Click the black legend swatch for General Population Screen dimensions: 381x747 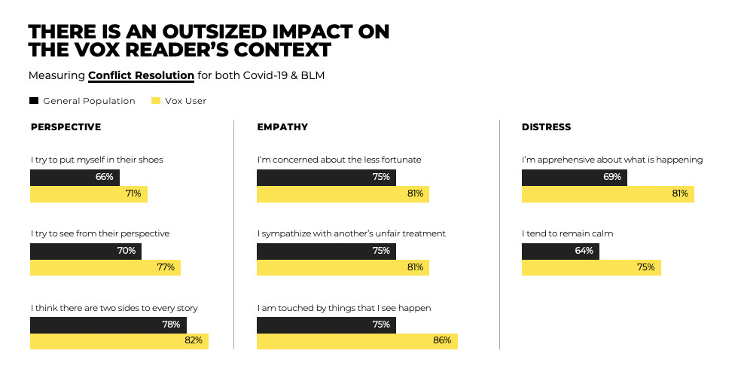34,100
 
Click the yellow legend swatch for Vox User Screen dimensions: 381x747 156,100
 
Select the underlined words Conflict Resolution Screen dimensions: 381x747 141,75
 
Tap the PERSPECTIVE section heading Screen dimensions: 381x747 66,126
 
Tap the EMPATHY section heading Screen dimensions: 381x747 282,126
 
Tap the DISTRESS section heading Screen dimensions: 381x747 546,126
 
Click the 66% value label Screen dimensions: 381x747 104,177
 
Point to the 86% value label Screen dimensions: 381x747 442,340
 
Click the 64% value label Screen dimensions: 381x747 584,251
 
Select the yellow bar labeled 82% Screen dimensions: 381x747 119,340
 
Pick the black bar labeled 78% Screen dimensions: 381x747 108,325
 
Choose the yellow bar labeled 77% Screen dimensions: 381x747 105,267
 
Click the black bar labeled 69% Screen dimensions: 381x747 574,177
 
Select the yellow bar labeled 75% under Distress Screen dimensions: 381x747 591,267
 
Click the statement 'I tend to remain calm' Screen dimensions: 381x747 567,233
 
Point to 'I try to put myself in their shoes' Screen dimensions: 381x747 97,160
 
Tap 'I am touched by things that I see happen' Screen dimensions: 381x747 343,307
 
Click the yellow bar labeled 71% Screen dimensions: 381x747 88,194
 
